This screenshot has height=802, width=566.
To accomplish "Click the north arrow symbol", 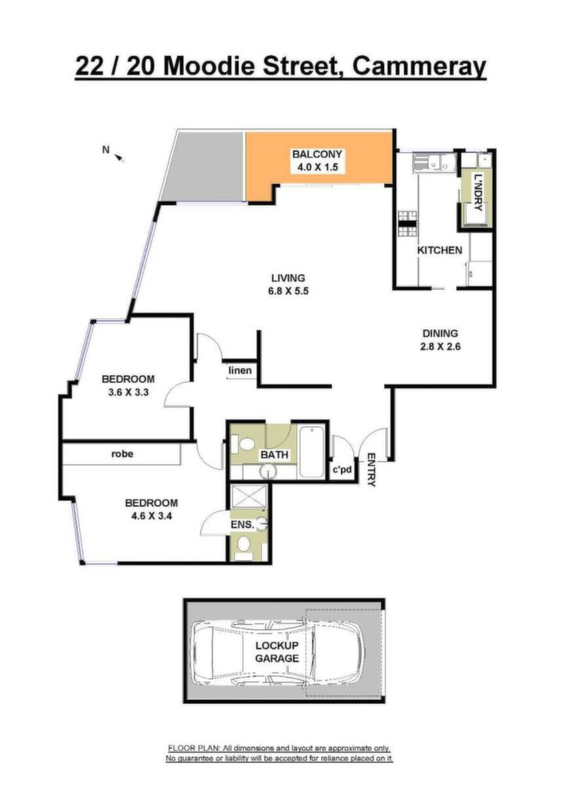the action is [x=121, y=158].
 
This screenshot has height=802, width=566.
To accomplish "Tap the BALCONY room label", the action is [x=317, y=154].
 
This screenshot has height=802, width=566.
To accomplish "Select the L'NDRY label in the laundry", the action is [x=478, y=193].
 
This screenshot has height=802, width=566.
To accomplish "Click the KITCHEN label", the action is [x=440, y=250].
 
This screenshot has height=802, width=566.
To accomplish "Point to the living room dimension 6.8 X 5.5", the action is [x=288, y=291].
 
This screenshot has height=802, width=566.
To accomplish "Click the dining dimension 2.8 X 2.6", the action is [x=441, y=346].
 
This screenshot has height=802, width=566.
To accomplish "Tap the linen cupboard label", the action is [x=240, y=370].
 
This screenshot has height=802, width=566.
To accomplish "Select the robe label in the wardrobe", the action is [x=122, y=453].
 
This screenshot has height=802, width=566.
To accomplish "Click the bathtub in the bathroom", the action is [x=312, y=452].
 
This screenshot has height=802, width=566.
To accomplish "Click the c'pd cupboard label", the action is [x=343, y=468].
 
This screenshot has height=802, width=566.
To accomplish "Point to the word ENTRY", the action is [x=371, y=470].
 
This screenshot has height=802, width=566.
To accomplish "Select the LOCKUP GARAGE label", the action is [x=277, y=652].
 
